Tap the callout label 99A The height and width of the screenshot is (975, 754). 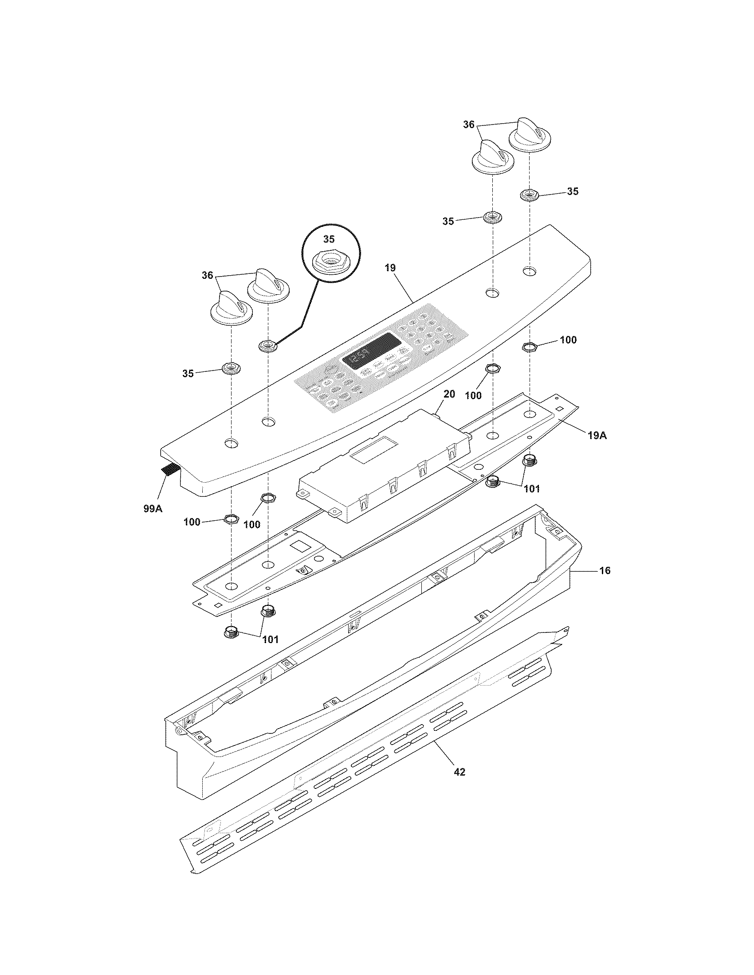[153, 508]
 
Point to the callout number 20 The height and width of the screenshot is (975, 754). [449, 394]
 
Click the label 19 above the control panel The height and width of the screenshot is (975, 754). [390, 268]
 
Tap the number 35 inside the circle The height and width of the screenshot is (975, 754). [329, 239]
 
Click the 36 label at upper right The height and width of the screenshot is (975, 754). [468, 125]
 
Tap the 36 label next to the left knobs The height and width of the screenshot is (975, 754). [207, 276]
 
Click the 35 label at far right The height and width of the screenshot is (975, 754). [573, 191]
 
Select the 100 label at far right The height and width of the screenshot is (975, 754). [568, 340]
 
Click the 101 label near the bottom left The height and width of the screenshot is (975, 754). [270, 640]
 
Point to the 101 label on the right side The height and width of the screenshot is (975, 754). [531, 489]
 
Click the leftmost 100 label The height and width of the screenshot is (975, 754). [192, 522]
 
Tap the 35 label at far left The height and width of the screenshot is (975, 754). [188, 374]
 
